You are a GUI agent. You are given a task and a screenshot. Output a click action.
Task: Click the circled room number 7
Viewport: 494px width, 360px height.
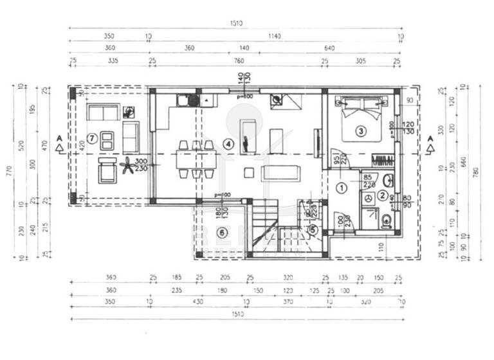93,137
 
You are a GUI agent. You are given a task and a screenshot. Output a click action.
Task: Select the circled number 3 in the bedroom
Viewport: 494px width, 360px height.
361,131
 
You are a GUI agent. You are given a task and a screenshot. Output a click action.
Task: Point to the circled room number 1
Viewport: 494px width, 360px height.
342,188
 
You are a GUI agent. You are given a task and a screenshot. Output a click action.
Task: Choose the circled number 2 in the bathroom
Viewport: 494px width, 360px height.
383,195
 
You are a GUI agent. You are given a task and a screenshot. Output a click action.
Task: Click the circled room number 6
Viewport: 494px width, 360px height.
223,232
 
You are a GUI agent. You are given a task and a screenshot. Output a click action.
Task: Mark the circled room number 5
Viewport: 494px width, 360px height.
313,229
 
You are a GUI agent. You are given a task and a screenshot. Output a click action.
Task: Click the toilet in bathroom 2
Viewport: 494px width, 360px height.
386,222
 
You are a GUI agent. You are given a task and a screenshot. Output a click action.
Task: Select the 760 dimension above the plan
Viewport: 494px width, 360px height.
239,61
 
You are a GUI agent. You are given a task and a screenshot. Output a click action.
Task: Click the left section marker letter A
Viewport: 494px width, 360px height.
59,138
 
